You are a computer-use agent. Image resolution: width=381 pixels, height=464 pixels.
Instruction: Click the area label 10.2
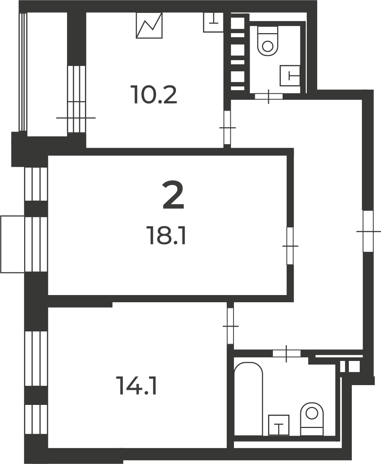point(154,95)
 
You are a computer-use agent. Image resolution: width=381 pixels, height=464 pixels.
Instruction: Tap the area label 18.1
point(167,236)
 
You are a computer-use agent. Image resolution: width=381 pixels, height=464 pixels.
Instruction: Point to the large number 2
point(173,195)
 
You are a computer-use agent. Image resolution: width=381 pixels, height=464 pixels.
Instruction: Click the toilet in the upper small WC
point(268,41)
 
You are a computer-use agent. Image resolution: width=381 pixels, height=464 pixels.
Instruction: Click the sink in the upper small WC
point(290,75)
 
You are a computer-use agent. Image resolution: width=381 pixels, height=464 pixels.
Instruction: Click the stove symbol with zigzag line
point(149,25)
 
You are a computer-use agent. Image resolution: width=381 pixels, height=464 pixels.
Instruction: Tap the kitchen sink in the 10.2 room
point(213,22)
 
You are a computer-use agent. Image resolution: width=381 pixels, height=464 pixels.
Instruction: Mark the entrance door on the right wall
point(368,231)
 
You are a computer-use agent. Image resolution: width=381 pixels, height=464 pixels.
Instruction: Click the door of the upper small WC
point(269,96)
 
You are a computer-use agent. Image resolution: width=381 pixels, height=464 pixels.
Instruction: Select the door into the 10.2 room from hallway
point(227,128)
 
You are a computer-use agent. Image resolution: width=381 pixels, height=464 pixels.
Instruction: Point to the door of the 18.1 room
point(290,246)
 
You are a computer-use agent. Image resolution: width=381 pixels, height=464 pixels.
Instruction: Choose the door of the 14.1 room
point(230,326)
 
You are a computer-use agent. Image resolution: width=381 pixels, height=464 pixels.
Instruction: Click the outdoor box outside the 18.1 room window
point(13,245)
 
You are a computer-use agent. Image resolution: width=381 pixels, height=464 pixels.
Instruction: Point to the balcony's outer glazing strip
point(23,72)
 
